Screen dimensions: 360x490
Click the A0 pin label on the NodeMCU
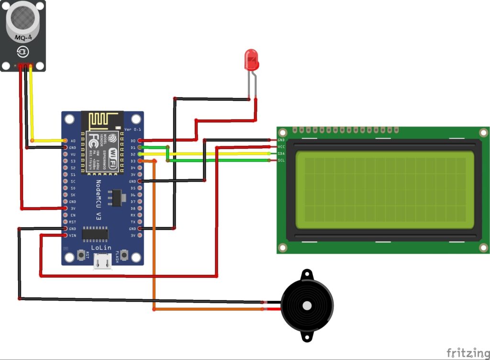coord(73,141)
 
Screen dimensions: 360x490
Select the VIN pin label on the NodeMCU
coord(73,236)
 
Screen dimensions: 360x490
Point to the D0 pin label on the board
coord(133,141)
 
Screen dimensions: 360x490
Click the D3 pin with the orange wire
coord(139,162)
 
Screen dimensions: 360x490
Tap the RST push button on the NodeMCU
coord(82,256)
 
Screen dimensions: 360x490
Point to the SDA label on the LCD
coord(281,153)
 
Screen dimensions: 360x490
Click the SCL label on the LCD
coord(281,160)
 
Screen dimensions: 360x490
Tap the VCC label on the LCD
coord(281,147)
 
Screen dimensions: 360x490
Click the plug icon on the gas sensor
coord(22,51)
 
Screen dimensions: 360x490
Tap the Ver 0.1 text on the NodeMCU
coord(133,130)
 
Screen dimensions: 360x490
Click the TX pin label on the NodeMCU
coord(133,222)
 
